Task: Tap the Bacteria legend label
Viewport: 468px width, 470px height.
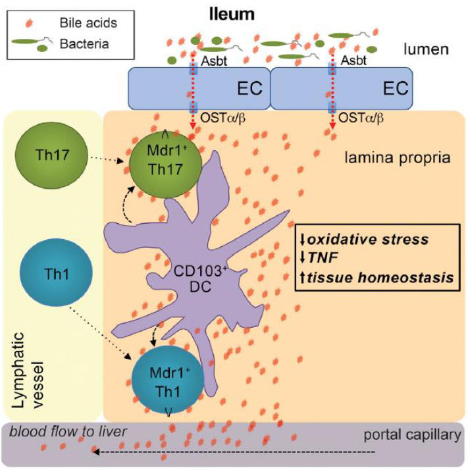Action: point(84,44)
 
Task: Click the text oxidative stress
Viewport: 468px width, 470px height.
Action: point(380,238)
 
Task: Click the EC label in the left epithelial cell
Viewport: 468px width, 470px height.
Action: point(251,88)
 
